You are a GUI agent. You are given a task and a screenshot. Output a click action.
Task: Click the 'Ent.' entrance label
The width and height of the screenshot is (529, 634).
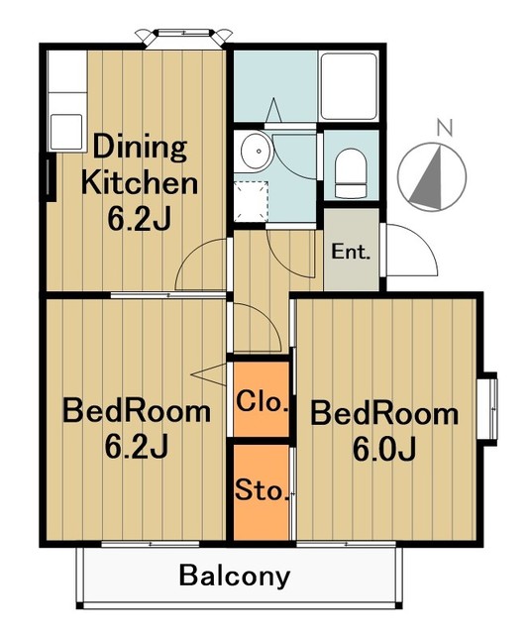(x=351, y=252)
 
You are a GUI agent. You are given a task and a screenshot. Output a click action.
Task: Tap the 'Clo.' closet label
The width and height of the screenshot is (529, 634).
(x=263, y=401)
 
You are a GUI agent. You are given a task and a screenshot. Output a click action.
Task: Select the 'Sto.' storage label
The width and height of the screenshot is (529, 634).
(x=263, y=489)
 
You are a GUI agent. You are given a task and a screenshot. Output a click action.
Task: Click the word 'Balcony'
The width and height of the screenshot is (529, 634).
(x=235, y=577)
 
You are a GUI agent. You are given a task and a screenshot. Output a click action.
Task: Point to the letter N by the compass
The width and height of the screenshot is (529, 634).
(x=445, y=128)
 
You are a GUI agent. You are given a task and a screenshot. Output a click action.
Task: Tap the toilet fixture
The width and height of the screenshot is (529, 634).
(x=351, y=172)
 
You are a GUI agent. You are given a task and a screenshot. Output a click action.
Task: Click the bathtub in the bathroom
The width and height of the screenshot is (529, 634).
(x=349, y=86)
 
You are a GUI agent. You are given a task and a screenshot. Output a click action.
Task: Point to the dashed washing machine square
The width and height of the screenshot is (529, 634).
(x=251, y=201)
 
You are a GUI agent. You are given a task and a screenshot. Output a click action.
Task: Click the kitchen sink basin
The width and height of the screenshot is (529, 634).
(x=66, y=132)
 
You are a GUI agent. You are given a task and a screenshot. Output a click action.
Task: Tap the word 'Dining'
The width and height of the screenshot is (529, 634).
(x=141, y=149)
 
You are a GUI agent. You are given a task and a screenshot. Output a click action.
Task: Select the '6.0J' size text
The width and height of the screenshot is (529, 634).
(x=384, y=450)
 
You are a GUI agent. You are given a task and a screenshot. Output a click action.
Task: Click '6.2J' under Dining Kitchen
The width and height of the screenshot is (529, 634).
(x=139, y=219)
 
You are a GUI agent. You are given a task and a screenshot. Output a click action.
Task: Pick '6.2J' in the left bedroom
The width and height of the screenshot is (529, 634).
(x=137, y=447)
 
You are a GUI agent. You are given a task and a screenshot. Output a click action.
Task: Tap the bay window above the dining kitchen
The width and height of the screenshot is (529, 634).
(x=184, y=38)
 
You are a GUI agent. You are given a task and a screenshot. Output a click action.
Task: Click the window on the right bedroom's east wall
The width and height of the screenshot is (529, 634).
(x=491, y=408)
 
